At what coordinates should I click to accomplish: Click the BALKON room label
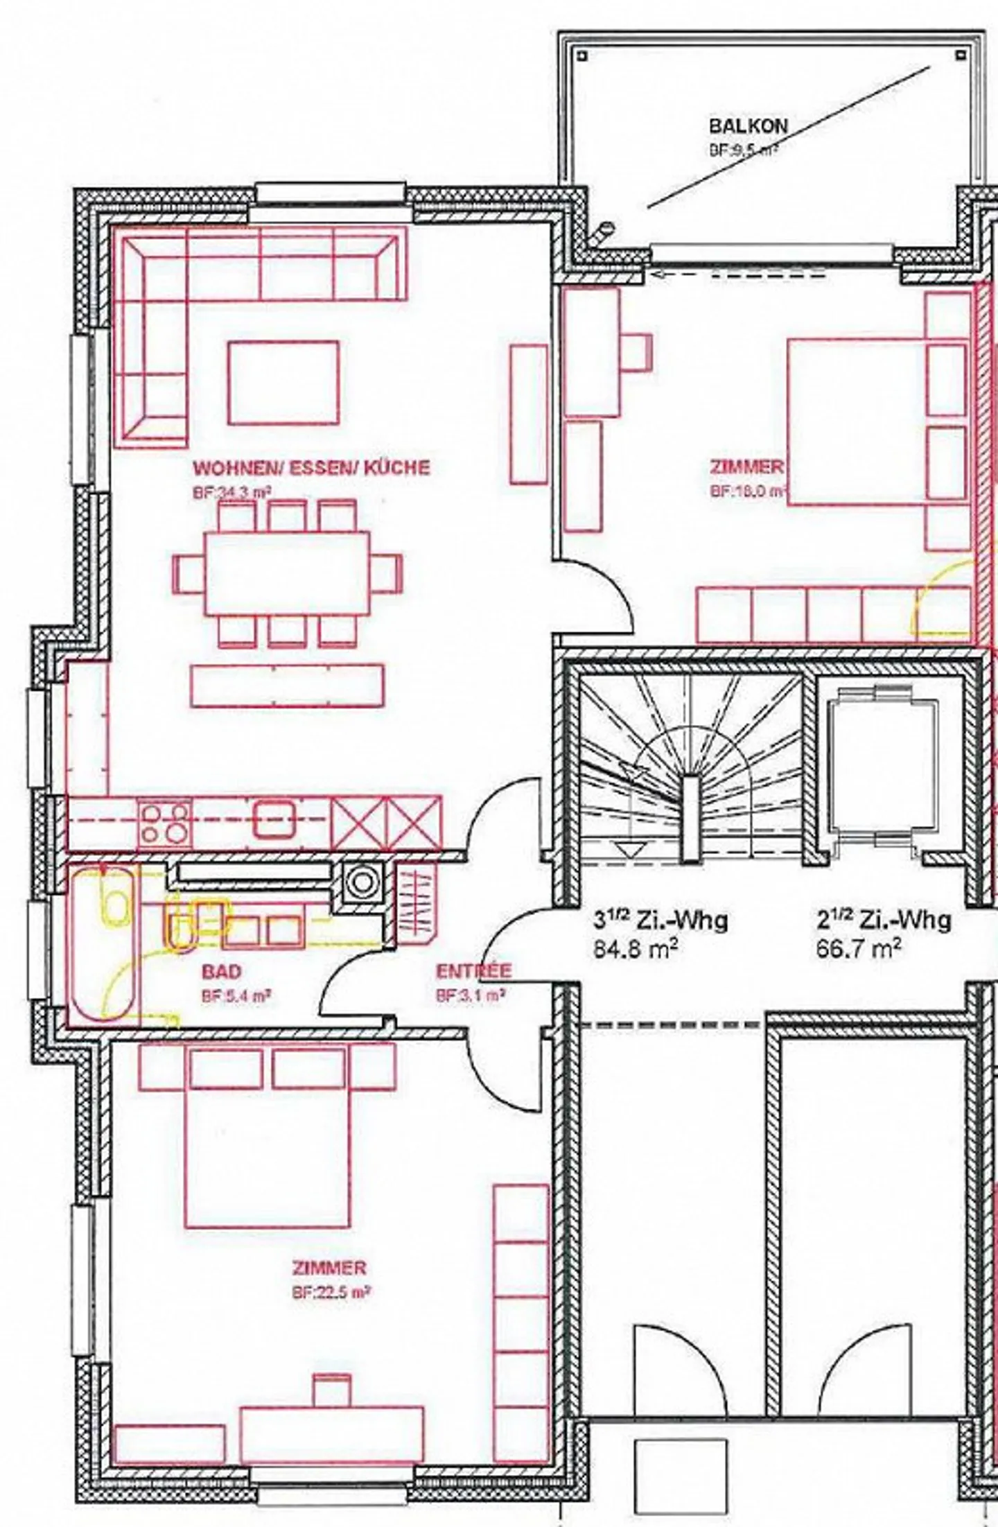(x=748, y=126)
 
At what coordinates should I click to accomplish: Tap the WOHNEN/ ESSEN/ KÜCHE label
(x=311, y=467)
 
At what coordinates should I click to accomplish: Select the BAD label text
(x=222, y=971)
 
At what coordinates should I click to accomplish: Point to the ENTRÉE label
(x=473, y=971)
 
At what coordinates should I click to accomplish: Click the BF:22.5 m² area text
(x=328, y=1293)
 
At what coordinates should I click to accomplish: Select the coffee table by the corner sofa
(x=283, y=382)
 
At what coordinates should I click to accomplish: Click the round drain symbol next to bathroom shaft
(x=360, y=881)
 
